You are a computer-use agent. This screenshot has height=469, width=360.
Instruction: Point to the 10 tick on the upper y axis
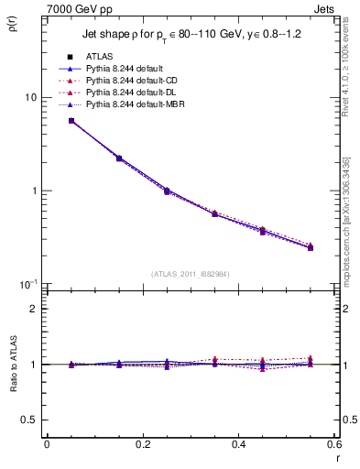[30, 97]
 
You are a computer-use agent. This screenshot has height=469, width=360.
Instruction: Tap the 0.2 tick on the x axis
[142, 444]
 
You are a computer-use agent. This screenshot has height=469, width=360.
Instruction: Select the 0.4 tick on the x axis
[237, 444]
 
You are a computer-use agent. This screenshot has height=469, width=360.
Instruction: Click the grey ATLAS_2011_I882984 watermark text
[191, 273]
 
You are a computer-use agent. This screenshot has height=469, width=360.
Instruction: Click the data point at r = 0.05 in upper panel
[71, 121]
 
